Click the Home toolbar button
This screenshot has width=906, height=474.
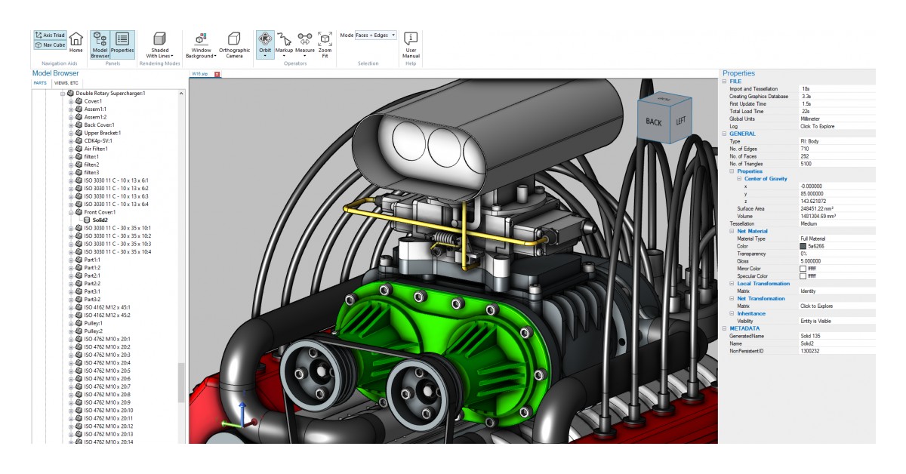(x=76, y=42)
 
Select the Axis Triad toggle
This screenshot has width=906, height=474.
(x=50, y=35)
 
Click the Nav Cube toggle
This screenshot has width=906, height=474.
(x=50, y=45)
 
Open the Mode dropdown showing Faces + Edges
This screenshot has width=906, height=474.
(x=376, y=35)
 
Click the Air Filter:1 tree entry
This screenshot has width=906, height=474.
(x=97, y=149)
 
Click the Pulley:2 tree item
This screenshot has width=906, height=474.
(x=93, y=331)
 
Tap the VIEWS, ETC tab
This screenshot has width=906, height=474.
(x=66, y=83)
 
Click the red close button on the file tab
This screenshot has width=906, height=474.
(x=217, y=74)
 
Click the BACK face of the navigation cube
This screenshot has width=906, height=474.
(x=653, y=122)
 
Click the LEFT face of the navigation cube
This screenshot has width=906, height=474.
(x=680, y=121)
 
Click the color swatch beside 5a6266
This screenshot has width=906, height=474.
(x=803, y=246)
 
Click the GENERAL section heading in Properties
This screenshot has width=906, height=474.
(x=742, y=134)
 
